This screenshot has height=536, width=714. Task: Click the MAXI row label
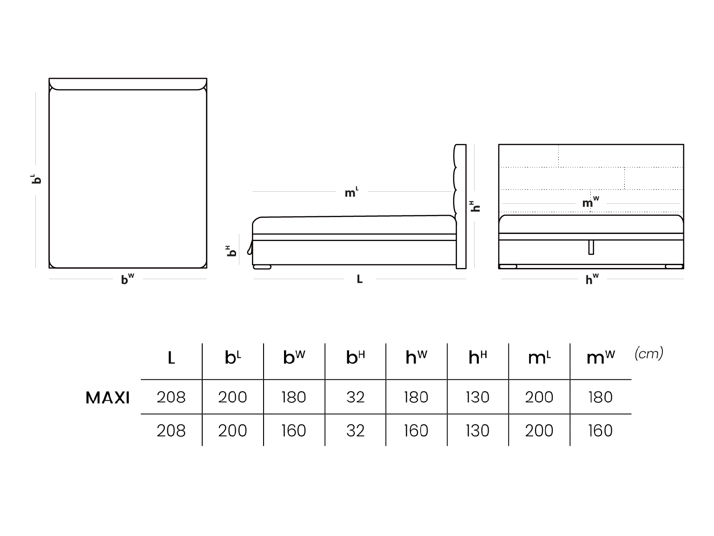coord(107,398)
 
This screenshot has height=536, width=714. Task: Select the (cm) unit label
coord(648,353)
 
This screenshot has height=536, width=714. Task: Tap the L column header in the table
coord(172,358)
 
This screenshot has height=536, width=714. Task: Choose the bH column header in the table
coord(355,357)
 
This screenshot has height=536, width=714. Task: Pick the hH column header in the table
coord(477,357)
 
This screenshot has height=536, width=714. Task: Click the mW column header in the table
coord(601,357)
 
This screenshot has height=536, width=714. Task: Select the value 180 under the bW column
coord(294,397)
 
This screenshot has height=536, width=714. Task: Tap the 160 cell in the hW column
coord(416,430)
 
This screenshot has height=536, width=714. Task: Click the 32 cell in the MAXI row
coord(355,397)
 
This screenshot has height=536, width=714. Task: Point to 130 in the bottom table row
coord(477,430)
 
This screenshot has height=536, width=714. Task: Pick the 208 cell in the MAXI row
coord(171,397)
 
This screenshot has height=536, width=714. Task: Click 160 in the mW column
coord(601,430)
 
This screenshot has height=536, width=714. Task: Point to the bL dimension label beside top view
coord(36,179)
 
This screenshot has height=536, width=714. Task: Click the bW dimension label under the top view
coord(127,279)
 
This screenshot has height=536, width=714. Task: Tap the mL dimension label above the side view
coord(351,192)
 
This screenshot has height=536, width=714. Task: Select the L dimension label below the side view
coord(359,279)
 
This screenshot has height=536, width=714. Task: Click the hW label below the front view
coord(592,279)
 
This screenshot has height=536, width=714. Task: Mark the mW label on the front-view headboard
coord(590,202)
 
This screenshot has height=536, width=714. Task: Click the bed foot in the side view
coord(262,267)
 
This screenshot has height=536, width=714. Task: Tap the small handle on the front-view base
coord(591,248)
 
